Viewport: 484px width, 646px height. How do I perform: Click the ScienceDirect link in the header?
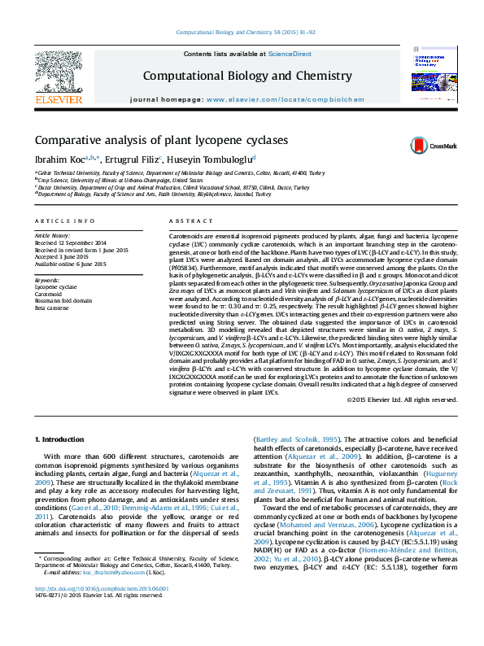290,54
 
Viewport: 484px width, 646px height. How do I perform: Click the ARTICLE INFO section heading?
59,221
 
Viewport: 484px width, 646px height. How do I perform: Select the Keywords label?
48,280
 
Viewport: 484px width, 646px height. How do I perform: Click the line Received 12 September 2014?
71,242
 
